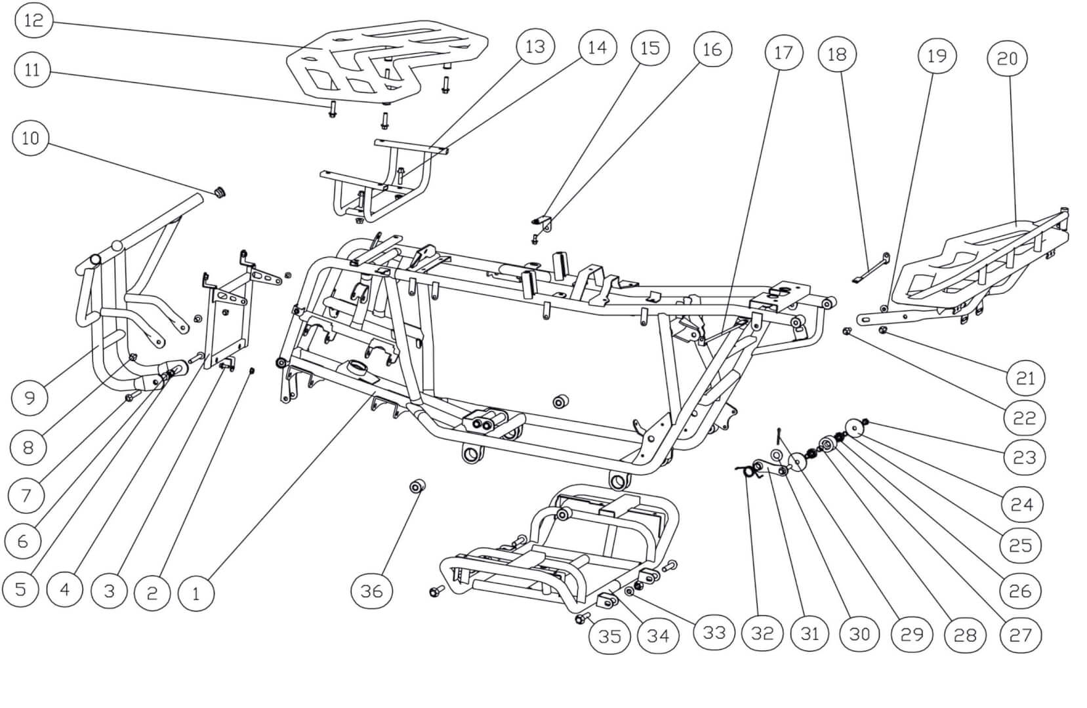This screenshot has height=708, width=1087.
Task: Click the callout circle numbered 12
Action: click(x=33, y=20)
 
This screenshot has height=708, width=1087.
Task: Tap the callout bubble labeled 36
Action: click(x=371, y=591)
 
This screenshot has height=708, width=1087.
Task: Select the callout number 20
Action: click(x=1007, y=59)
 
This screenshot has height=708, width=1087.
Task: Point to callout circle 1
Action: click(x=195, y=594)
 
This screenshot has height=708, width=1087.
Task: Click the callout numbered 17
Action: click(x=783, y=53)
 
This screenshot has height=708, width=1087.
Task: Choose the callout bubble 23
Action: click(x=1024, y=457)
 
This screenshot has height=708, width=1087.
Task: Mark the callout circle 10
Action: click(x=30, y=138)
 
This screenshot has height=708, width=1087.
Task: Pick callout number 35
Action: click(x=609, y=636)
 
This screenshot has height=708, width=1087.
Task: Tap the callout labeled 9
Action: click(x=30, y=397)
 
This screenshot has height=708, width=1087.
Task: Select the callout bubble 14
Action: click(x=597, y=47)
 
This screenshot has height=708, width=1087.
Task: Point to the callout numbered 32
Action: click(x=762, y=633)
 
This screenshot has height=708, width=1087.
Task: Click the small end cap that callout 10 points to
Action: click(x=220, y=192)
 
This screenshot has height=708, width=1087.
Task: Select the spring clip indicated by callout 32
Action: click(x=745, y=470)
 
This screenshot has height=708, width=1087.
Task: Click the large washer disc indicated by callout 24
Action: click(x=854, y=427)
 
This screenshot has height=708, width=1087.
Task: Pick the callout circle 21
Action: click(x=1025, y=378)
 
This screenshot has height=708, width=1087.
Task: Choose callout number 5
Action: click(x=20, y=588)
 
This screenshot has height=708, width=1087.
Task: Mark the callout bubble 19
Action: click(x=936, y=56)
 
